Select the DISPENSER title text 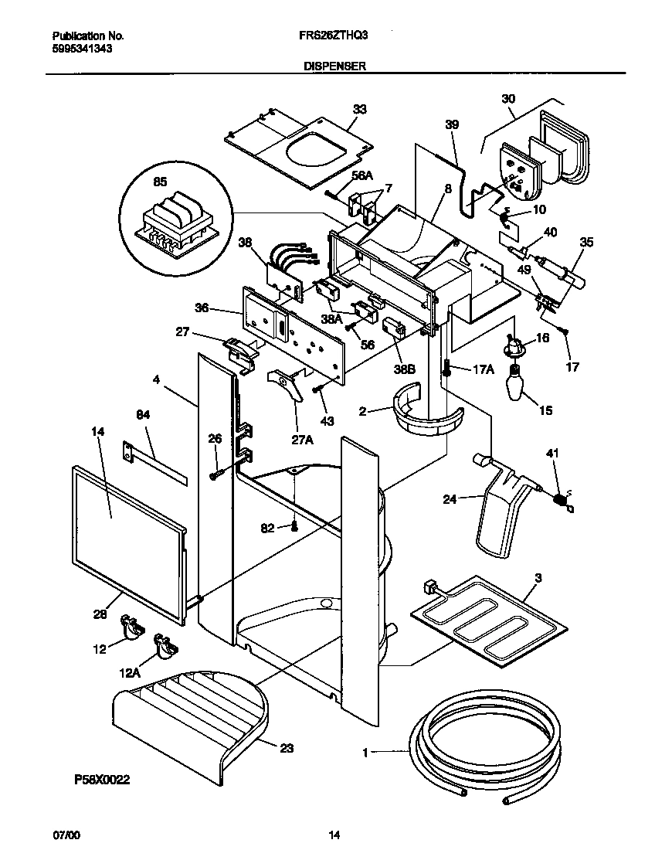click(x=334, y=67)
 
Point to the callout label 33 click(x=358, y=109)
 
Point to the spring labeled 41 click(x=561, y=500)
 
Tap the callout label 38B click(x=403, y=369)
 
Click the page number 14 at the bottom click(x=334, y=835)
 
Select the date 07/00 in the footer click(x=65, y=835)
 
